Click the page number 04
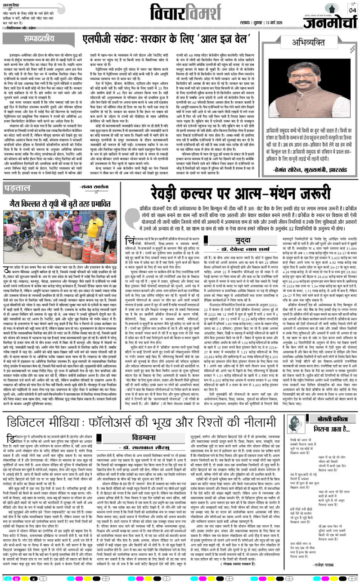pos(351,9)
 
